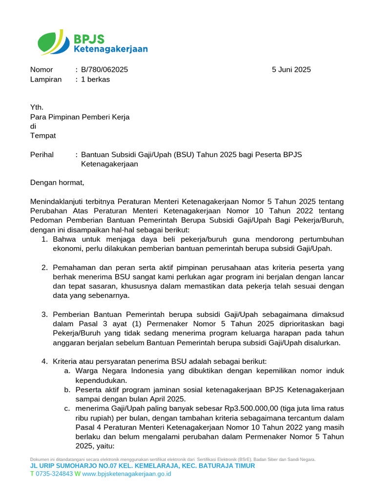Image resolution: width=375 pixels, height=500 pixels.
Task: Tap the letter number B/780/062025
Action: (104, 70)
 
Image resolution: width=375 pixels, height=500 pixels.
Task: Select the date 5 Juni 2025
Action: (291, 70)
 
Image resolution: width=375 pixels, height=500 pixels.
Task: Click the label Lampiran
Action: (46, 79)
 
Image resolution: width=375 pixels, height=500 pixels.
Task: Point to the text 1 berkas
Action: (95, 79)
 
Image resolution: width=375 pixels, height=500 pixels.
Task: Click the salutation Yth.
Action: (37, 107)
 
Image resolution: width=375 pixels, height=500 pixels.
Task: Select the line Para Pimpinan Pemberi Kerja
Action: (80, 117)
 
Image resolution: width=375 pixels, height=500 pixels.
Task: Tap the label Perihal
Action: (42, 154)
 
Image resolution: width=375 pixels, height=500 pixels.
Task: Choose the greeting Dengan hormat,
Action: (57, 183)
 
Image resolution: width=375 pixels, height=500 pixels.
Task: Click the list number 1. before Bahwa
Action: (44, 239)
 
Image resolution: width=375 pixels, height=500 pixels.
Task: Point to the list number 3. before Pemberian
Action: (44, 314)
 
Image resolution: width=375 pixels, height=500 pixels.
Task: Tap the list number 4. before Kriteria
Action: (44, 361)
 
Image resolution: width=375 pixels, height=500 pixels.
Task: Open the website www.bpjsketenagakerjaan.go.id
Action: (126, 474)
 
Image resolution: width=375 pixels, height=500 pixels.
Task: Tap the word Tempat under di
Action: (43, 135)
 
